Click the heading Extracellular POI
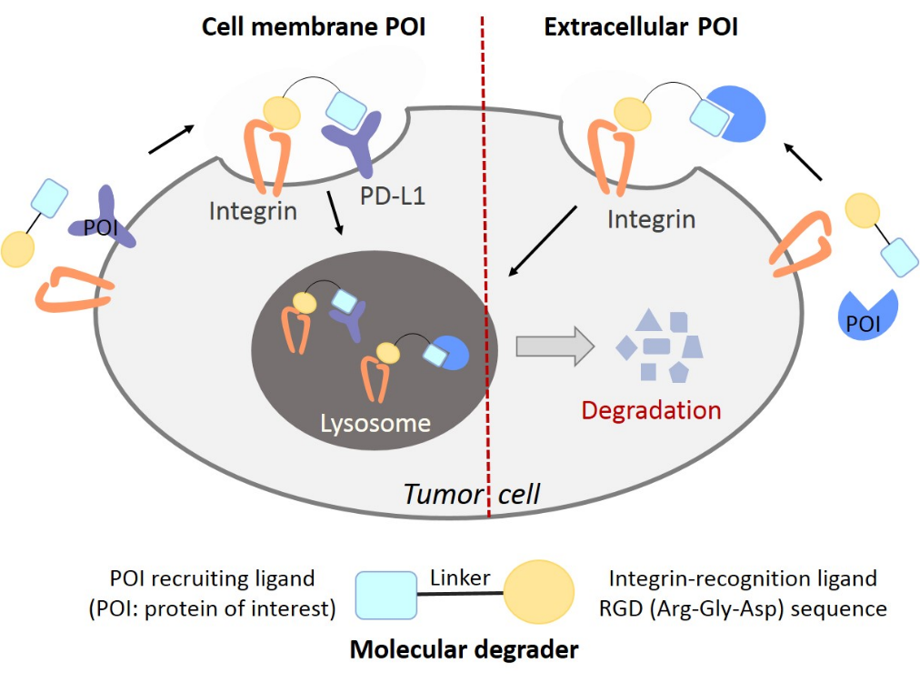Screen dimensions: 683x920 (640, 27)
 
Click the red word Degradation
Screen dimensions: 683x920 (651, 409)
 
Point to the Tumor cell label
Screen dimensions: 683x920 (472, 494)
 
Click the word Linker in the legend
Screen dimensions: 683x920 (460, 578)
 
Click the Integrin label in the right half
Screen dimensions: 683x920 (651, 219)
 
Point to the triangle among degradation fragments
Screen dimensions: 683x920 (648, 320)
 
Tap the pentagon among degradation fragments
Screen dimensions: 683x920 (677, 372)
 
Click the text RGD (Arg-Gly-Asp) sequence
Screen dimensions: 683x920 (747, 608)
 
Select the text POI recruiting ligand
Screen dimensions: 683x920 (212, 578)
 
